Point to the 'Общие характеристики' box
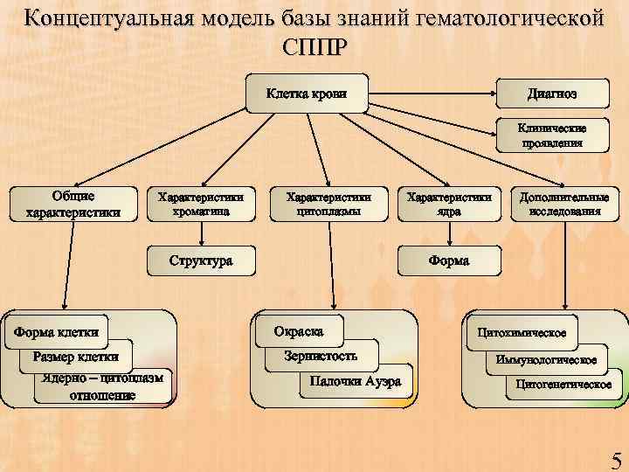(x=73, y=203)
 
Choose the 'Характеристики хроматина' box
(x=201, y=204)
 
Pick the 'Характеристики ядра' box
(x=449, y=204)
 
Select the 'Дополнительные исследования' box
(x=564, y=204)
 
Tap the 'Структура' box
(x=201, y=260)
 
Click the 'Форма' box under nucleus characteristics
(x=449, y=260)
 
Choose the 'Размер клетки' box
(x=75, y=356)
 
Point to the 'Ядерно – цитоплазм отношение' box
(x=103, y=385)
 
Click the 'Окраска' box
(x=299, y=331)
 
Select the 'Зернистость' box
(x=321, y=356)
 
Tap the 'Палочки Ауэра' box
(x=351, y=380)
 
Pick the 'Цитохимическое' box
(x=522, y=332)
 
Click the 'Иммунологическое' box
(x=546, y=359)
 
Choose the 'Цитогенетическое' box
(x=563, y=385)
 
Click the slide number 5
(x=615, y=456)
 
